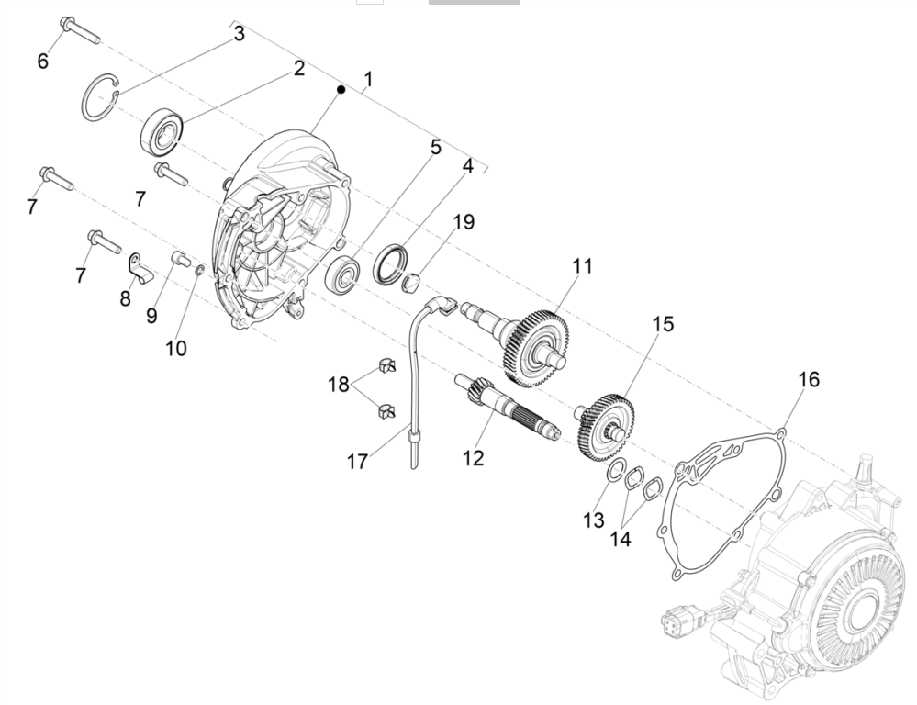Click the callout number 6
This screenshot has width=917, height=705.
point(42,61)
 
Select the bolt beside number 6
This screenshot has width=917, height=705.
point(77,30)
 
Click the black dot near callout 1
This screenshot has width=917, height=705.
point(340,89)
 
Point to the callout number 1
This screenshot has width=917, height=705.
point(368,81)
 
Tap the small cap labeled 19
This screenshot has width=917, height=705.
point(409,277)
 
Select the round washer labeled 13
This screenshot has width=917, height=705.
point(613,472)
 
